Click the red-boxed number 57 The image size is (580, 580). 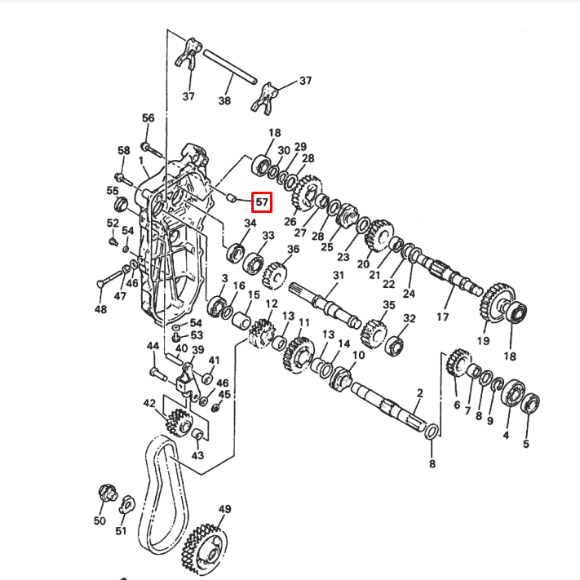pos(262,200)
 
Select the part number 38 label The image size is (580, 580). pos(224,101)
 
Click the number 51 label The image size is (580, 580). pos(121,532)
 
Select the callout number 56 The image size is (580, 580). pos(148,118)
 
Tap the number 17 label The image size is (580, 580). pos(444,316)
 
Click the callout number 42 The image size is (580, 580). pos(149,403)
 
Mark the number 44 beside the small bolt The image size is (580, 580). pos(153,347)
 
